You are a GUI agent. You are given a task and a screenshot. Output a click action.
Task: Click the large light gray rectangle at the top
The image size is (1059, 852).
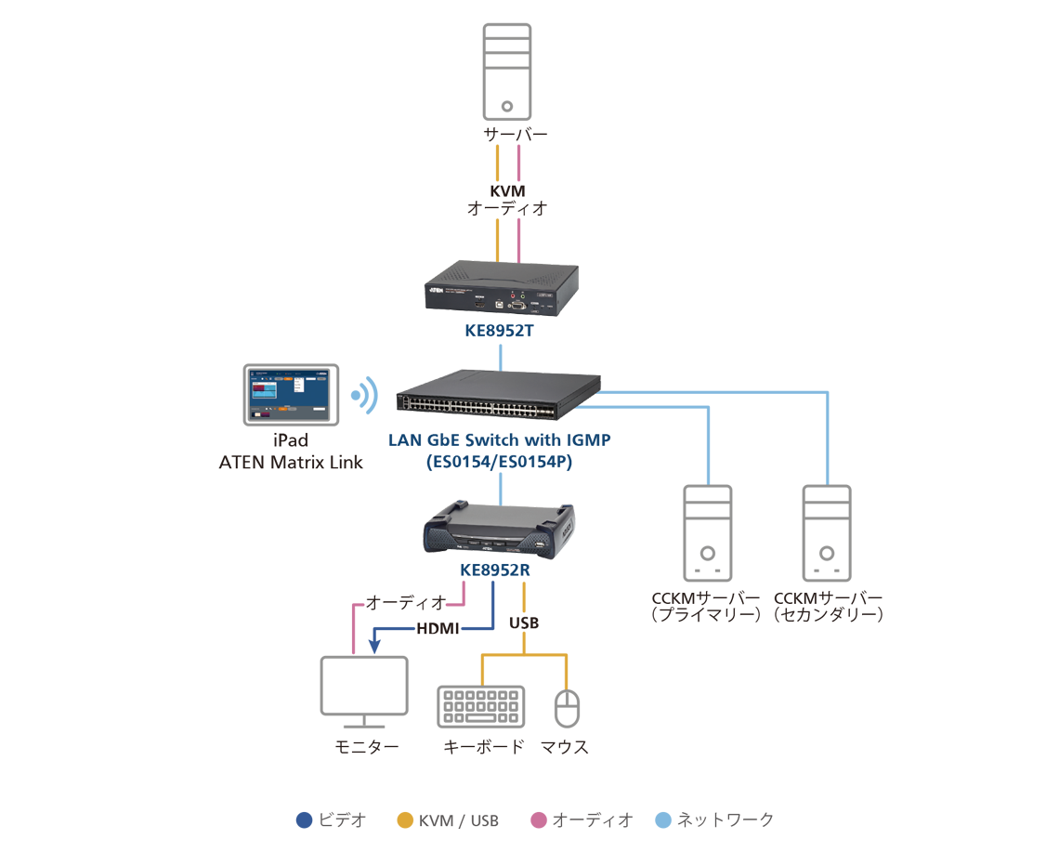tap(506, 71)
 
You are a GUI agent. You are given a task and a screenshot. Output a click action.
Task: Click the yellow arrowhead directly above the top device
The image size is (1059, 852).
tap(493, 237)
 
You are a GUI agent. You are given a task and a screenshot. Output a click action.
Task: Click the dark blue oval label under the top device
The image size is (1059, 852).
tap(493, 334)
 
